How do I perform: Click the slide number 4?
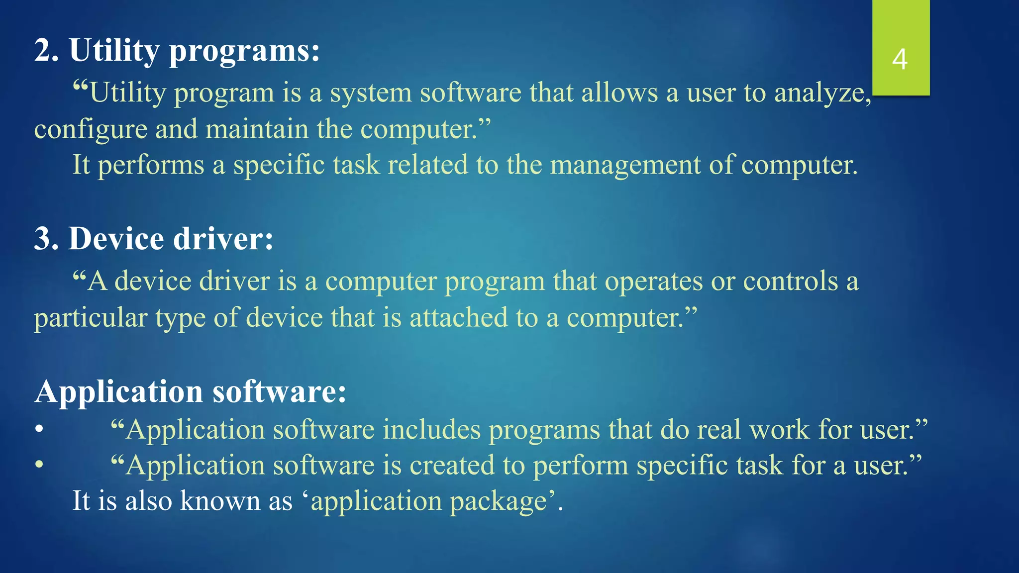coord(900,59)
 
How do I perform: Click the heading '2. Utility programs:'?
coord(177,51)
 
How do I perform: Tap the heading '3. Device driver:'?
coord(153,239)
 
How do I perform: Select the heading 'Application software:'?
coord(190,391)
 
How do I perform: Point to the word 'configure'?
coord(91,130)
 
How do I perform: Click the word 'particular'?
coord(91,318)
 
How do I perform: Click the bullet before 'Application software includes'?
coord(39,429)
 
